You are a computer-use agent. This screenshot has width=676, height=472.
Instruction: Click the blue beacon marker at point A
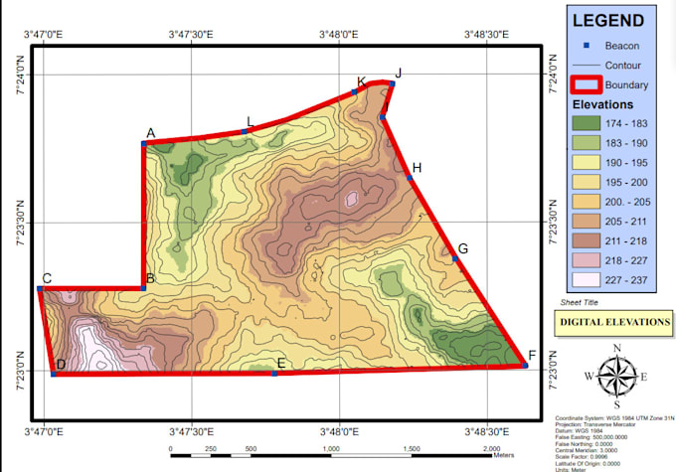tap(144, 143)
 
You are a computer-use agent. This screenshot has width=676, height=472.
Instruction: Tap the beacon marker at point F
tap(525, 366)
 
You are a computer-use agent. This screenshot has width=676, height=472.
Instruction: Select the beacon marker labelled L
tap(245, 131)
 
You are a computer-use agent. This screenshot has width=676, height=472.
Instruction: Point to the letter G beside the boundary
tap(462, 248)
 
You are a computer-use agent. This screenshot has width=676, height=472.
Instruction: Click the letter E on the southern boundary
tap(281, 364)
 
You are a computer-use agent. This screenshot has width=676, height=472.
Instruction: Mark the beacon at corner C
tap(40, 289)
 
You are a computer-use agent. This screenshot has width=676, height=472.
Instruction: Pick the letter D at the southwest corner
tap(61, 365)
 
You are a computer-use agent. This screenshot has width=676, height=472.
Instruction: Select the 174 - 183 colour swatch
tap(586, 123)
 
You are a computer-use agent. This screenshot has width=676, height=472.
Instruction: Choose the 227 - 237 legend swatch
tap(586, 279)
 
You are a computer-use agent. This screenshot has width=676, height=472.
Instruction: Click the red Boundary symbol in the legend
tap(586, 84)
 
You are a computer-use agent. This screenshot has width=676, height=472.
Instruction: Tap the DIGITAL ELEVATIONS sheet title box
tap(613, 322)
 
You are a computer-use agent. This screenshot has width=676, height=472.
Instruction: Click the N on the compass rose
tap(617, 347)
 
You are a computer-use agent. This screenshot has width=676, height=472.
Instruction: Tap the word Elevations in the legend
tap(602, 103)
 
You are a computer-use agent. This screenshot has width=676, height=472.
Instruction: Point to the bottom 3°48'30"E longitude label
tap(487, 432)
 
